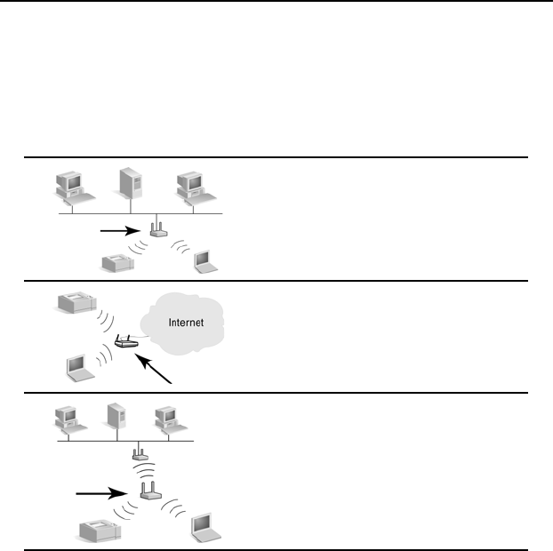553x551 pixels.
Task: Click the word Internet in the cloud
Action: pyautogui.click(x=186, y=323)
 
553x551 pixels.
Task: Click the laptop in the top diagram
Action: pyautogui.click(x=206, y=260)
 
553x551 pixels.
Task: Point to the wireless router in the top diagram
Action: pyautogui.click(x=157, y=232)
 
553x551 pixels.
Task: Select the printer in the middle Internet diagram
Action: pyautogui.click(x=75, y=303)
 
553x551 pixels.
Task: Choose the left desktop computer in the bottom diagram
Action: pyautogui.click(x=67, y=418)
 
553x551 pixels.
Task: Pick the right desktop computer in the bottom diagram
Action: pyautogui.click(x=165, y=418)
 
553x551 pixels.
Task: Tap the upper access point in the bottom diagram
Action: pyautogui.click(x=139, y=455)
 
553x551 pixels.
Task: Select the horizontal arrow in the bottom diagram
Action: pyautogui.click(x=101, y=491)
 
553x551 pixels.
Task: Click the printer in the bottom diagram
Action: pyautogui.click(x=96, y=531)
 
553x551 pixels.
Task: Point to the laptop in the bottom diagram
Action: pyautogui.click(x=205, y=527)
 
